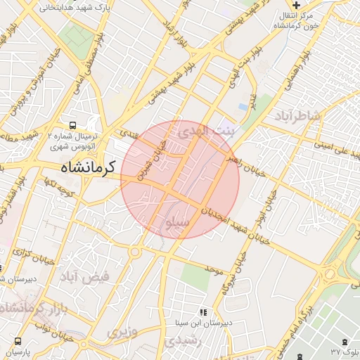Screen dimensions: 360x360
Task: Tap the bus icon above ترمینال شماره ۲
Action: (74, 122)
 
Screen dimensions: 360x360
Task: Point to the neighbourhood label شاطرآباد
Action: (297, 115)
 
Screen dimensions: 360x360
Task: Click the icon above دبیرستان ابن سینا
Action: (203, 311)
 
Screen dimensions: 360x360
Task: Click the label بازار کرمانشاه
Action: (35, 307)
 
